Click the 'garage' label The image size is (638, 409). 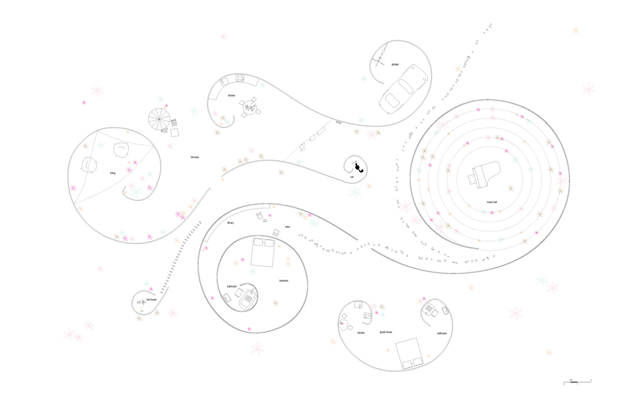pyautogui.click(x=395, y=64)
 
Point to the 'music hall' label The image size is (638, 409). pyautogui.click(x=492, y=202)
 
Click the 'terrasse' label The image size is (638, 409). pyautogui.click(x=195, y=157)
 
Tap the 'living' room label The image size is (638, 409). pyautogui.click(x=113, y=173)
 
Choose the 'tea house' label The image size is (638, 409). pyautogui.click(x=152, y=300)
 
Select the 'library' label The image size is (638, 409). pyautogui.click(x=230, y=223)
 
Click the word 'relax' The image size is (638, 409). pyautogui.click(x=287, y=227)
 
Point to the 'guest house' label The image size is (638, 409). pyautogui.click(x=386, y=332)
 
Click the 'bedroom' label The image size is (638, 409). pyautogui.click(x=284, y=281)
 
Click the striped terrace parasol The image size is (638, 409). pyautogui.click(x=159, y=119)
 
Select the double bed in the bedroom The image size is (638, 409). pyautogui.click(x=263, y=252)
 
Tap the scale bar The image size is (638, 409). pyautogui.click(x=577, y=382)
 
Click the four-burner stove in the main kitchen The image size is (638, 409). pyautogui.click(x=240, y=78)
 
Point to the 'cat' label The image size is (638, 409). pyautogui.click(x=352, y=177)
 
